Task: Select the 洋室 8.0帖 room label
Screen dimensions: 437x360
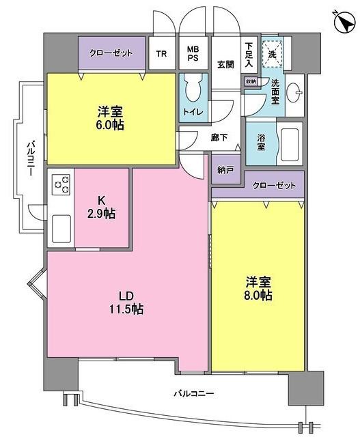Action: click(x=258, y=289)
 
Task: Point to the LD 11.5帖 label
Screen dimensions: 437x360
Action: click(x=127, y=302)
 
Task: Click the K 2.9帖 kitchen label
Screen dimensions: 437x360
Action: click(x=102, y=206)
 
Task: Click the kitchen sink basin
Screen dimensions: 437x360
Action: click(x=60, y=225)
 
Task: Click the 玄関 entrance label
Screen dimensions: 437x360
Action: click(x=225, y=65)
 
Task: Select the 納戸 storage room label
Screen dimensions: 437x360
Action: click(x=225, y=169)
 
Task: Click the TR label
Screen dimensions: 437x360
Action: click(x=162, y=55)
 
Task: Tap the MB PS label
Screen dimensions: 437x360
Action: click(x=194, y=55)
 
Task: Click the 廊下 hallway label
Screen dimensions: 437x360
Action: click(x=219, y=138)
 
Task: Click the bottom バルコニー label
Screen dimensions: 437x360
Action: click(x=193, y=394)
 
